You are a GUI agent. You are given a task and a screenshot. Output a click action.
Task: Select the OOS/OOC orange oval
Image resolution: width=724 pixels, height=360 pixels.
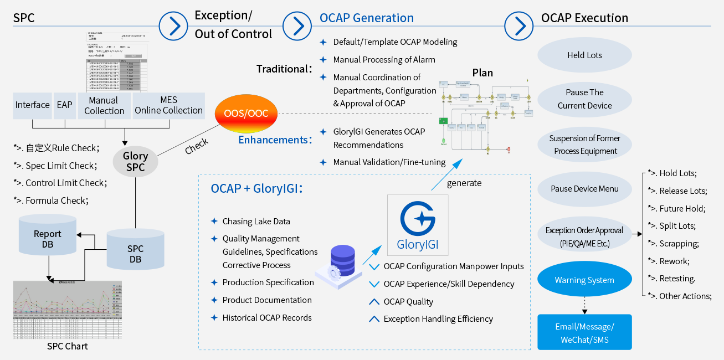pyautogui.click(x=246, y=114)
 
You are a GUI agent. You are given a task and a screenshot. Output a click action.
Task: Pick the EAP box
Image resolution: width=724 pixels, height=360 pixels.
pyautogui.click(x=64, y=105)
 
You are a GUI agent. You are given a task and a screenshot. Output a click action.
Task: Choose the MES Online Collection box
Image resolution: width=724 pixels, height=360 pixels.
pyautogui.click(x=168, y=105)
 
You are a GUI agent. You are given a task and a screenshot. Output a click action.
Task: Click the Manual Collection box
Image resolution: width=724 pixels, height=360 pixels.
pyautogui.click(x=104, y=105)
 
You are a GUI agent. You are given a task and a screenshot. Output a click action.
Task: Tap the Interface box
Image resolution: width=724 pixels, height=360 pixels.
pyautogui.click(x=32, y=105)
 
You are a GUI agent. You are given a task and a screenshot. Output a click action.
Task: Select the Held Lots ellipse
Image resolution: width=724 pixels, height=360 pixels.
pyautogui.click(x=584, y=55)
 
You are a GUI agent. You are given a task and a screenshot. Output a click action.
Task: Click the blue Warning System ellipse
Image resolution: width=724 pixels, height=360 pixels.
pyautogui.click(x=584, y=280)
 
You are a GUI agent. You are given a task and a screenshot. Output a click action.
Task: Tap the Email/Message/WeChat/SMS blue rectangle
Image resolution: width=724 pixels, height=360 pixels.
pyautogui.click(x=584, y=333)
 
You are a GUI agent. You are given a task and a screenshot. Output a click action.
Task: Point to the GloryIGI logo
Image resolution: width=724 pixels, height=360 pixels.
pyautogui.click(x=418, y=224)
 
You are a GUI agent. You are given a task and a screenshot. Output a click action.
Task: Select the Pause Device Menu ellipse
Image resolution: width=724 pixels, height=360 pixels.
pyautogui.click(x=584, y=189)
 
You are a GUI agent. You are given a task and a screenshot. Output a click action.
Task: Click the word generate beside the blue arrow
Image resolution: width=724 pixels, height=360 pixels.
pyautogui.click(x=464, y=183)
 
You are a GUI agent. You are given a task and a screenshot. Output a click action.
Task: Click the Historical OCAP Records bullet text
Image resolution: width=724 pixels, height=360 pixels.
pyautogui.click(x=267, y=318)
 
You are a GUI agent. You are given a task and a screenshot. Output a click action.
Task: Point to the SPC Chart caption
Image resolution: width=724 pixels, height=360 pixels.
pyautogui.click(x=67, y=347)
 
